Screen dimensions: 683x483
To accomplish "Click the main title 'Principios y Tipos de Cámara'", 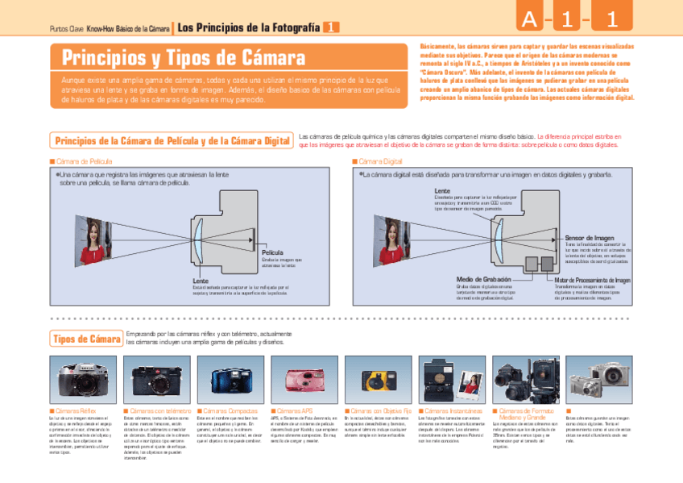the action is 184,58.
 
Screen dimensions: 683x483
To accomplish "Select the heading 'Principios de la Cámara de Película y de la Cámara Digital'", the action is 172,141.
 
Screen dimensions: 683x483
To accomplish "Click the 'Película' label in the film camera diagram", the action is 272,252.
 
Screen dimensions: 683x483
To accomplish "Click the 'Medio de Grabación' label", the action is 483,280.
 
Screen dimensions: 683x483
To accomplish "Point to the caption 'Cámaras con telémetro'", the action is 159,412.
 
